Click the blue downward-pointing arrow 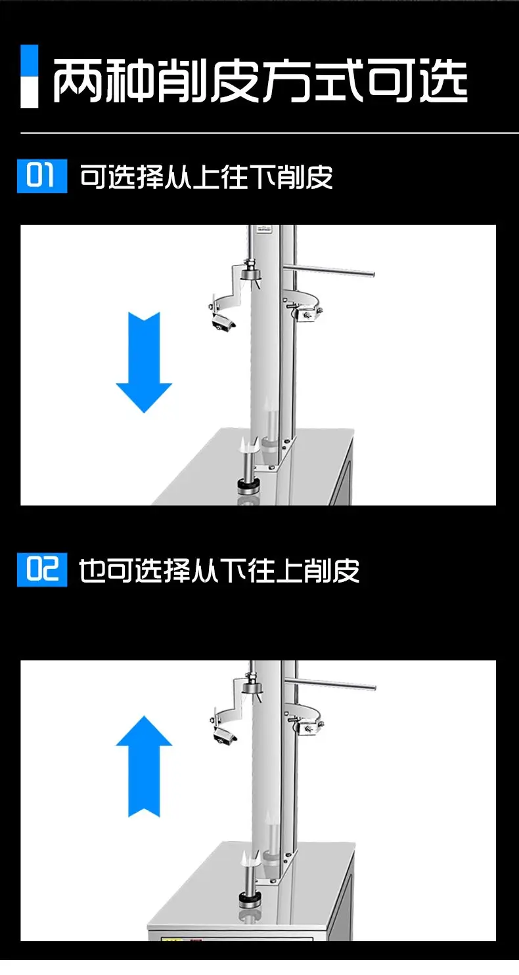tap(144, 362)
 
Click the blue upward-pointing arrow tap(144, 766)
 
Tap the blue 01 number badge tap(42, 176)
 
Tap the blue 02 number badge tap(42, 570)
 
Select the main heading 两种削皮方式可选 tap(260, 81)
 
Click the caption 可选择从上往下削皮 tap(206, 176)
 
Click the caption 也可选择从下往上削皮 tap(219, 571)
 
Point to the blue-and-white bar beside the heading tap(29, 76)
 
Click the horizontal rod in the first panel tap(329, 270)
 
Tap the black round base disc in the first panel tap(249, 486)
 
